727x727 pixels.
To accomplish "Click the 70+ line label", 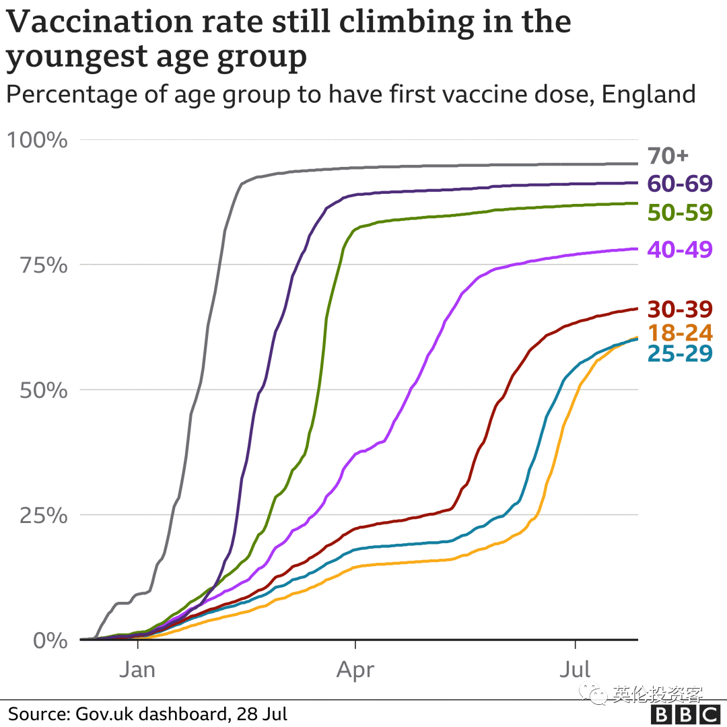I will [x=668, y=156].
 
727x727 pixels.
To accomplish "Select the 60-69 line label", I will [x=679, y=184].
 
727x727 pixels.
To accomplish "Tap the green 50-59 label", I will [x=679, y=212].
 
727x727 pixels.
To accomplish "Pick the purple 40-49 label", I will [x=679, y=249].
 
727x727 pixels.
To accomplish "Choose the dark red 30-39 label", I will [x=679, y=309].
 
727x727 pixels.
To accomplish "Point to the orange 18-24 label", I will [x=679, y=333].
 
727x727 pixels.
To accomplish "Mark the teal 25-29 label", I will [x=679, y=353].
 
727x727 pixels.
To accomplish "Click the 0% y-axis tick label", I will [x=50, y=640].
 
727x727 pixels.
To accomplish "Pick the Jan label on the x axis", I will [x=137, y=670].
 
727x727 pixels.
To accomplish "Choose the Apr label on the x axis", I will [x=355, y=670].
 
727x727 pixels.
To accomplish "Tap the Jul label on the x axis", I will [x=576, y=670].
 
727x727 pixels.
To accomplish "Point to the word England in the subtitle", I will [x=648, y=94].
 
